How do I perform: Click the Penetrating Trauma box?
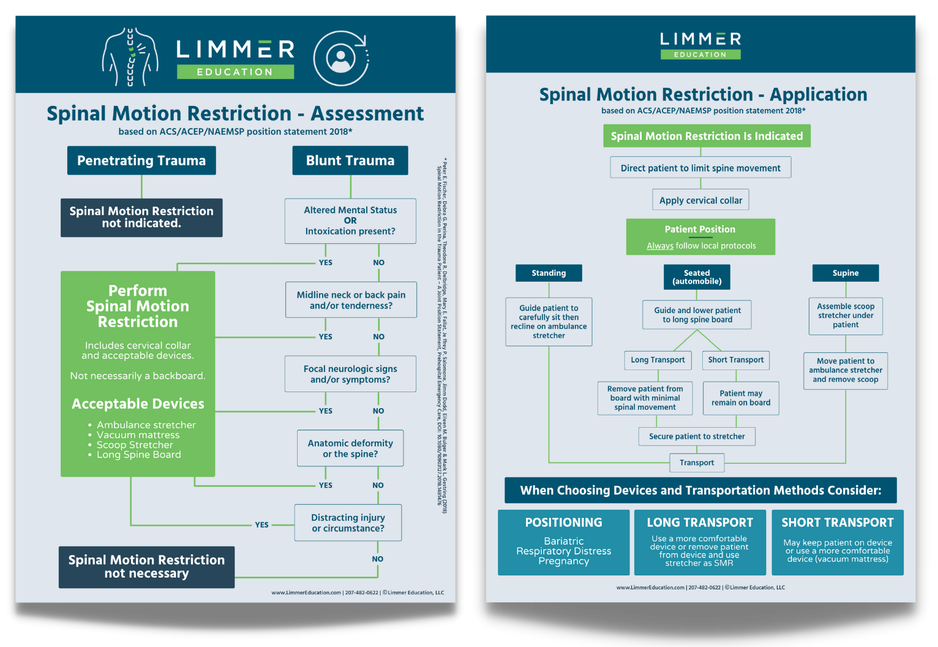point(141,161)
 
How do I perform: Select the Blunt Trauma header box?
point(350,161)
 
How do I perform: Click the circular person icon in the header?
point(341,58)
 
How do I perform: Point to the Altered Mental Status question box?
point(350,221)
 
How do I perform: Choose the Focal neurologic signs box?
point(350,374)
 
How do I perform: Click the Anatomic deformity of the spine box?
point(350,448)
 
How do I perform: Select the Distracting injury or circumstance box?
point(348,523)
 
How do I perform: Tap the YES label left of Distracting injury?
point(261,525)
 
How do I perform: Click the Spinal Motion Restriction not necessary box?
point(146,567)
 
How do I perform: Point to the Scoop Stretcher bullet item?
point(135,445)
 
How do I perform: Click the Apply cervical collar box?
point(700,200)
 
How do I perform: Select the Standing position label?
point(549,273)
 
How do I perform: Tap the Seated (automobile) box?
point(697,277)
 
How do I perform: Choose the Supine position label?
point(846,273)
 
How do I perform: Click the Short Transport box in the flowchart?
point(736,360)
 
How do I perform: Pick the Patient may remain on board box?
point(741,398)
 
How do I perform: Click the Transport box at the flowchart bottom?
point(697,463)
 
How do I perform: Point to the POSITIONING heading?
point(563,523)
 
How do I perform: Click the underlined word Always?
point(660,246)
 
